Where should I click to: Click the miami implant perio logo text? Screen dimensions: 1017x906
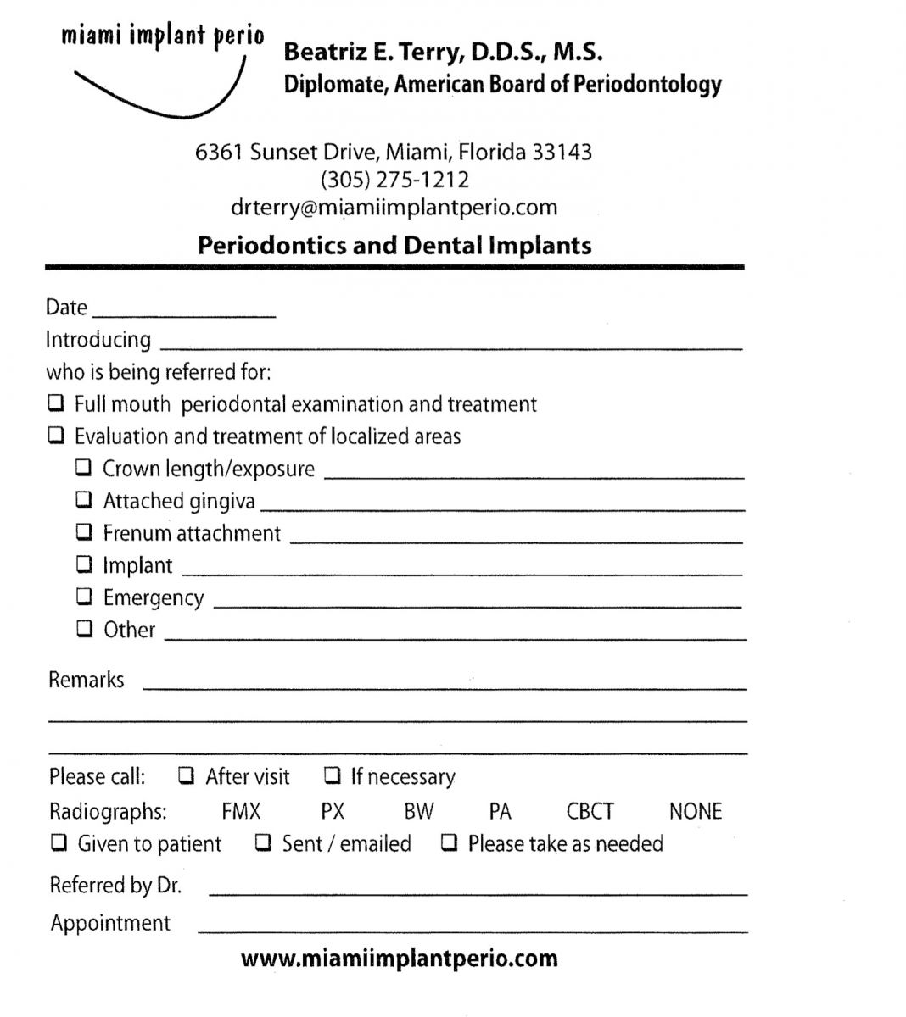162,37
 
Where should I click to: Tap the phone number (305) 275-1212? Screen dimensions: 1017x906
394,180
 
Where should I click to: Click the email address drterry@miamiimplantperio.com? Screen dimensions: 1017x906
394,208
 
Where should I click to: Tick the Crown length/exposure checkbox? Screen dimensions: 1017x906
84,467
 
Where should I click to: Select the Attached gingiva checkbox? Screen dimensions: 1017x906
84,499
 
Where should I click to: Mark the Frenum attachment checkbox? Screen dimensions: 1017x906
84,531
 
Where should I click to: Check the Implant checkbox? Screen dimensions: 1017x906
84,564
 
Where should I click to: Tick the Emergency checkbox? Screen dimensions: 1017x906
84,596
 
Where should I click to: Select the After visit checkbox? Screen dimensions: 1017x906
186,775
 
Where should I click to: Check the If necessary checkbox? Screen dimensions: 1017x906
333,775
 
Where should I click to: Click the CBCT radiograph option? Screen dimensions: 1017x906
590,811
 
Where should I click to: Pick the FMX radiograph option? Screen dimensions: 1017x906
241,811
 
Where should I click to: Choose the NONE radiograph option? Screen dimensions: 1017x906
695,811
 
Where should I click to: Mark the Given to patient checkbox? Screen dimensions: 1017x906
59,842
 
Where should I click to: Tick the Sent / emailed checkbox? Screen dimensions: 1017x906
264,842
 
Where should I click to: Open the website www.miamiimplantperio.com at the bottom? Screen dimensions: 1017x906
399,959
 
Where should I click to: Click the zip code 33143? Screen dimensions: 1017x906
562,153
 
